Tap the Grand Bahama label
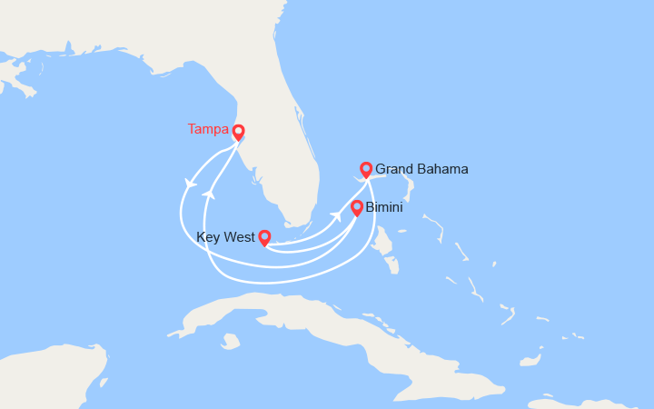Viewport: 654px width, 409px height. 421,169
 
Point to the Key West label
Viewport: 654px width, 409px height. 224,238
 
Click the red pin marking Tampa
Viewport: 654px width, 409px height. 238,133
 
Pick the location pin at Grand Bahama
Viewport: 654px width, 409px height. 366,170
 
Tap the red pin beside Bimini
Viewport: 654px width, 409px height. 357,208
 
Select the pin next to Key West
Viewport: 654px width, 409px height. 264,238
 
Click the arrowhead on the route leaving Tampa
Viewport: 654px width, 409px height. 190,184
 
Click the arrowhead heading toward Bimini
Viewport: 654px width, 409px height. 336,214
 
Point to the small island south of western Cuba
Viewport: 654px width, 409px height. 231,342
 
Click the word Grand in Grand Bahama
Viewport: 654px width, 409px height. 393,169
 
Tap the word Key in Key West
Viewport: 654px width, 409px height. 208,238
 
